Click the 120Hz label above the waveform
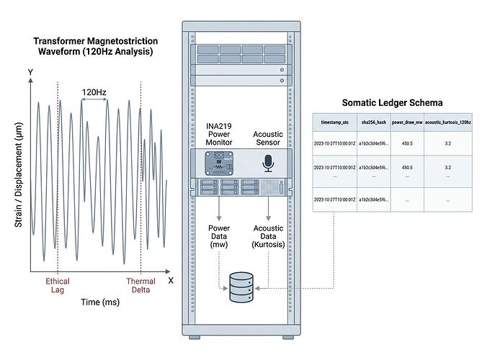point(94,92)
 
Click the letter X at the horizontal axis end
point(171,280)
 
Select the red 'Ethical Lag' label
point(58,286)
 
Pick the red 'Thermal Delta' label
point(140,286)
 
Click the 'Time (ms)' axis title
point(100,302)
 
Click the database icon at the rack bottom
point(240,287)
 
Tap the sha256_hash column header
point(373,122)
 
